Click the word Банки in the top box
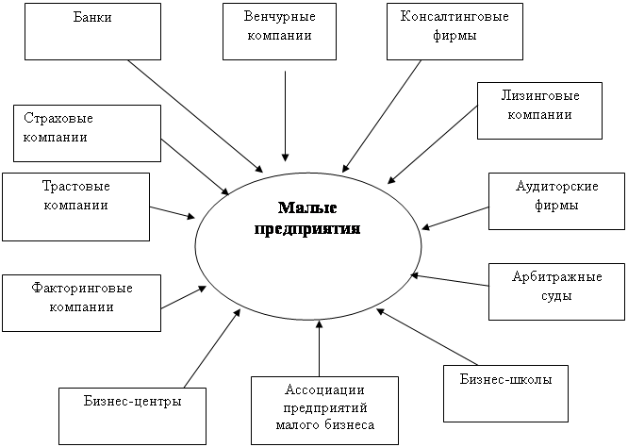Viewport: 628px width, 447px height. [92, 18]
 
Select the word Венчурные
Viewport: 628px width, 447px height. [279, 17]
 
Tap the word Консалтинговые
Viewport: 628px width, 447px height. [454, 16]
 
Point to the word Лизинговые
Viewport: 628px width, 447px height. [540, 96]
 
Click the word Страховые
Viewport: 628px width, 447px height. [58, 119]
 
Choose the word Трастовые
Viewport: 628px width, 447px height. [76, 187]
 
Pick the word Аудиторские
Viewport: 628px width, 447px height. [556, 187]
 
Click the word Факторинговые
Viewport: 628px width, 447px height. [82, 289]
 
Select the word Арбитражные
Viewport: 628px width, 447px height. [556, 277]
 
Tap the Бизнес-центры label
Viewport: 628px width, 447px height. [133, 401]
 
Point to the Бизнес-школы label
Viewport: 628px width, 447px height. [505, 379]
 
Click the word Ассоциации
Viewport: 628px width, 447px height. [324, 390]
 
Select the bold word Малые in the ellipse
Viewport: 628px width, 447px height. [307, 207]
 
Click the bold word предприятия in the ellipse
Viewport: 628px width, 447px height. [307, 229]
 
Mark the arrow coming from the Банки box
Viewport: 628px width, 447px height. [195, 116]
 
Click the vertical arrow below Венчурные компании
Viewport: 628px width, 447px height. [285, 116]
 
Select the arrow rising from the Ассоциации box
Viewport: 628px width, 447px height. [320, 348]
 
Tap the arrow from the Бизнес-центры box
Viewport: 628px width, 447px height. [212, 349]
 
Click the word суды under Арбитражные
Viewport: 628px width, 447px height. [556, 296]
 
